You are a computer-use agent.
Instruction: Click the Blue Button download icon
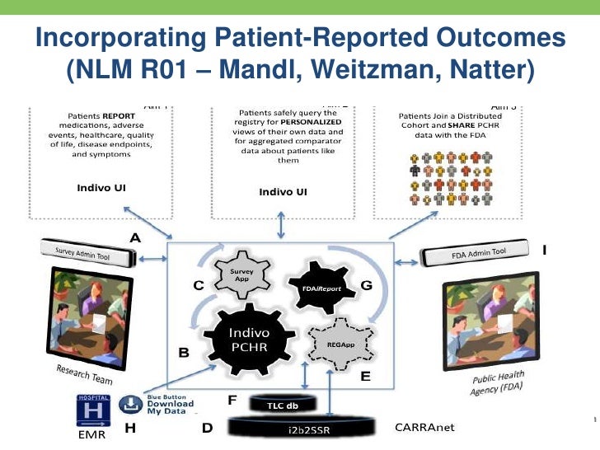pos(131,405)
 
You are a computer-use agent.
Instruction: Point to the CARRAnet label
pos(424,429)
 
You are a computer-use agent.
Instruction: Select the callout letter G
pos(367,284)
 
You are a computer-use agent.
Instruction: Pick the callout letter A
pos(134,237)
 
